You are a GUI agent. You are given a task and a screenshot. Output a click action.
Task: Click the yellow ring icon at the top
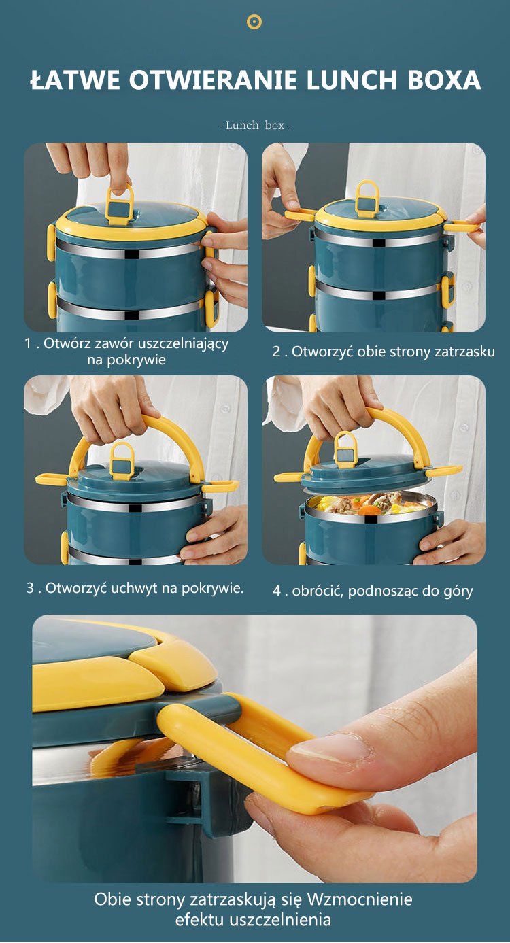click(254, 22)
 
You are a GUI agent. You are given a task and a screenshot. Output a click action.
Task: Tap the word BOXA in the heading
click(444, 80)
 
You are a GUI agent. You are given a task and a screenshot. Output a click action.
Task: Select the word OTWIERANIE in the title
click(214, 80)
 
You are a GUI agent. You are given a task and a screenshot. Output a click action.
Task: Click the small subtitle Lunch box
click(255, 125)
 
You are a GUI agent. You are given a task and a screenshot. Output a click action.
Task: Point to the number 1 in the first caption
click(28, 343)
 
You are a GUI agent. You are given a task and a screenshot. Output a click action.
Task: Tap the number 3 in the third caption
click(31, 588)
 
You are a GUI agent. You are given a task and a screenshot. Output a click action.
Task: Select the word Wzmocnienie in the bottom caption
click(359, 899)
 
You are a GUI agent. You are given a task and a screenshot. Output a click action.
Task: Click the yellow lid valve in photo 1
click(120, 204)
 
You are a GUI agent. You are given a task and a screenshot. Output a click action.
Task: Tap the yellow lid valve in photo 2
click(367, 199)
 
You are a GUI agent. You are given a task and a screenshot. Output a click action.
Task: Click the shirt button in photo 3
click(225, 409)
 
